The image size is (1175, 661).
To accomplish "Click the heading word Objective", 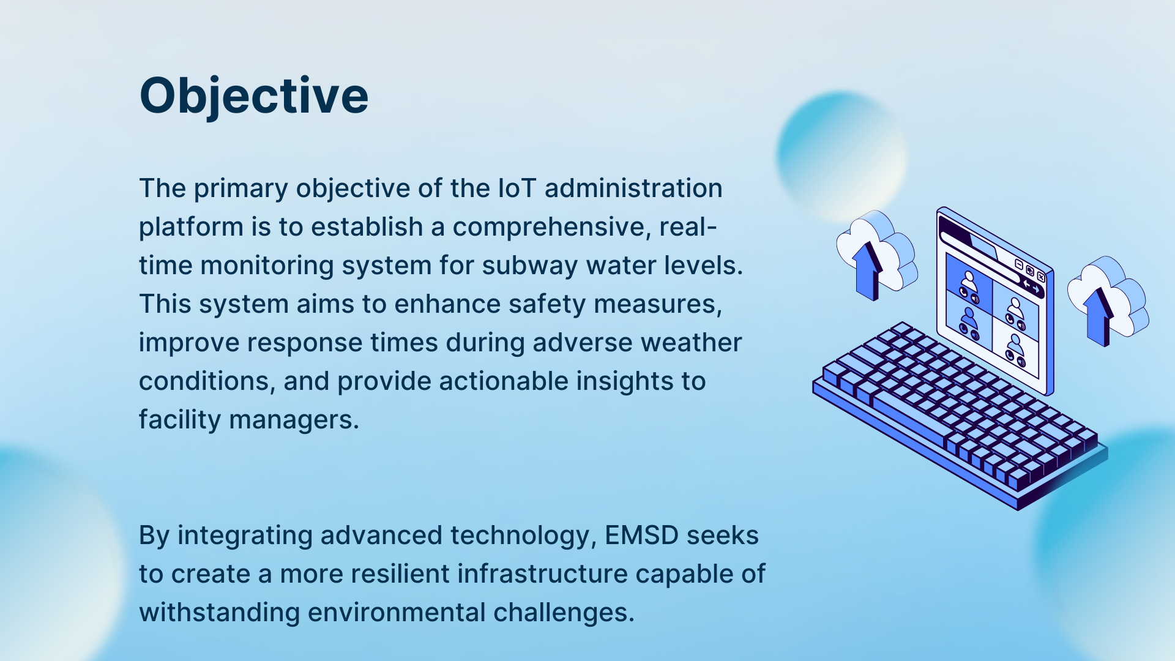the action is (x=254, y=96).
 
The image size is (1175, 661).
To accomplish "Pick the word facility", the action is (x=180, y=420).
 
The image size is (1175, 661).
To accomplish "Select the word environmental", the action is (x=396, y=613).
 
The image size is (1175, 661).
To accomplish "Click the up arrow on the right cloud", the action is (x=1100, y=316).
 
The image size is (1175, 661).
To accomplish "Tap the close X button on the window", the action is (x=1041, y=277).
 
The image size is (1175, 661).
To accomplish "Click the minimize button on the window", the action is (x=1019, y=264).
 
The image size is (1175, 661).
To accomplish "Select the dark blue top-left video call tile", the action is (x=969, y=281).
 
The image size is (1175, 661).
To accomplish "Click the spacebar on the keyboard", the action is (x=912, y=416).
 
